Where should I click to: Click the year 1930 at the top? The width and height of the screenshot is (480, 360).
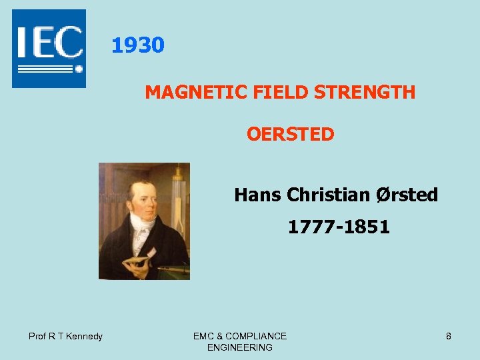137,45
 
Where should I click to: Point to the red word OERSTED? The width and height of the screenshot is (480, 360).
290,135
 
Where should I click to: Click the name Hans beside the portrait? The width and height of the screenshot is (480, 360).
258,195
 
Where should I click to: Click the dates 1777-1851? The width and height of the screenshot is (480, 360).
339,227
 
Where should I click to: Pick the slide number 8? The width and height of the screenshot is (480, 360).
449,336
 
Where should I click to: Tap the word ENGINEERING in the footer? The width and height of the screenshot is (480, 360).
240,347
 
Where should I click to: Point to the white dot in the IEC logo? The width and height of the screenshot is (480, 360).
79,69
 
